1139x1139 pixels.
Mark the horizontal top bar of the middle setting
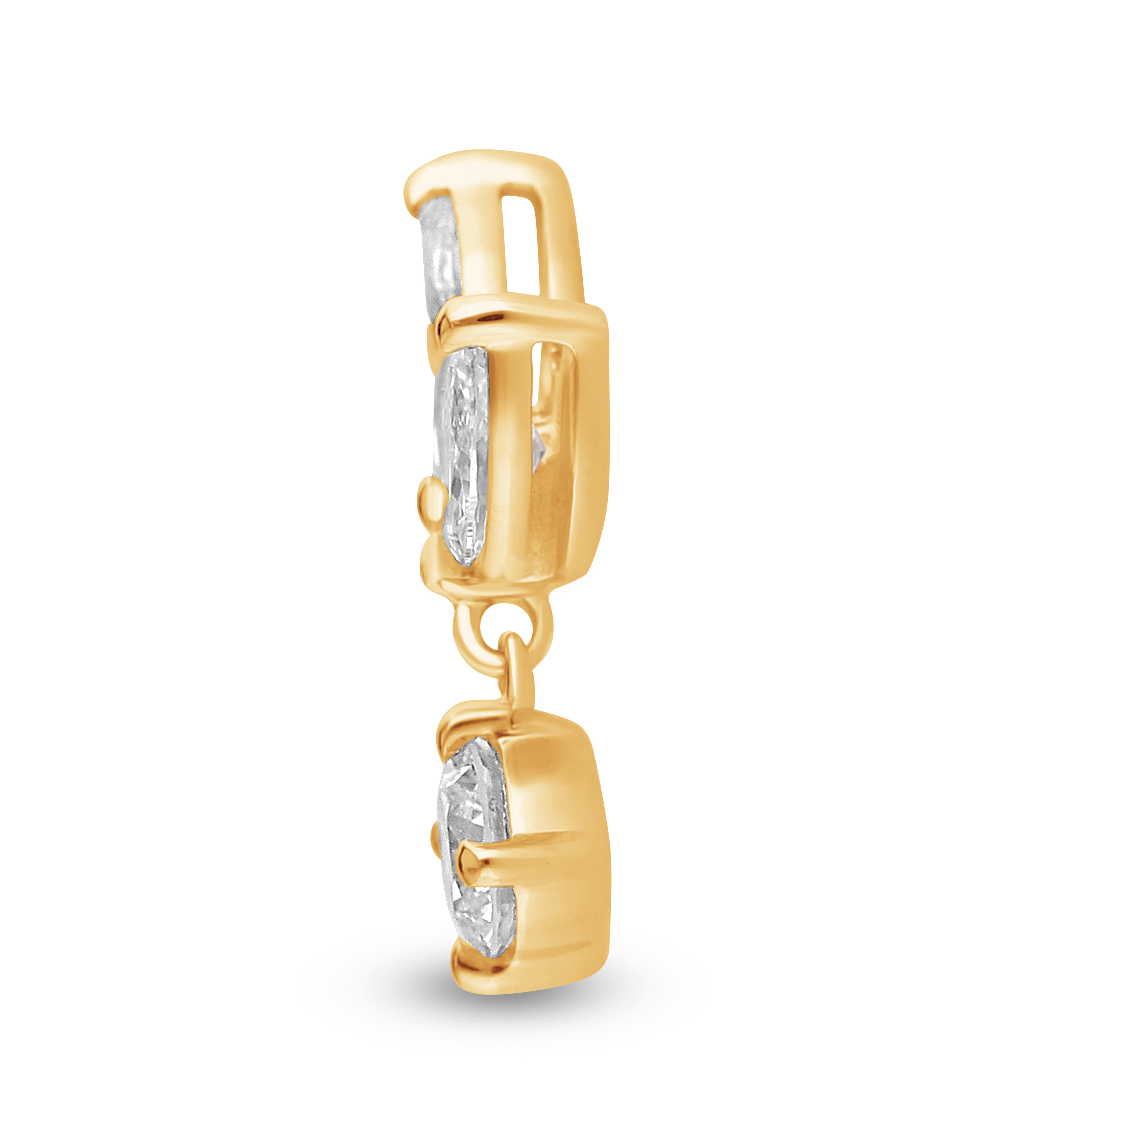(525, 318)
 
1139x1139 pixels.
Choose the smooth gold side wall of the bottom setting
(554, 837)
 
